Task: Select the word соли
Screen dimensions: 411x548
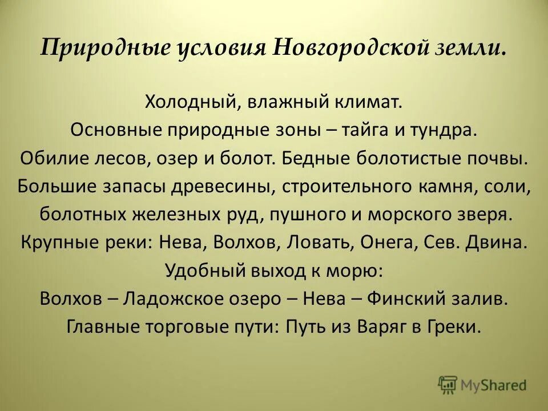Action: coord(512,186)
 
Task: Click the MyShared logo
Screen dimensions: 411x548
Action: coord(483,385)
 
